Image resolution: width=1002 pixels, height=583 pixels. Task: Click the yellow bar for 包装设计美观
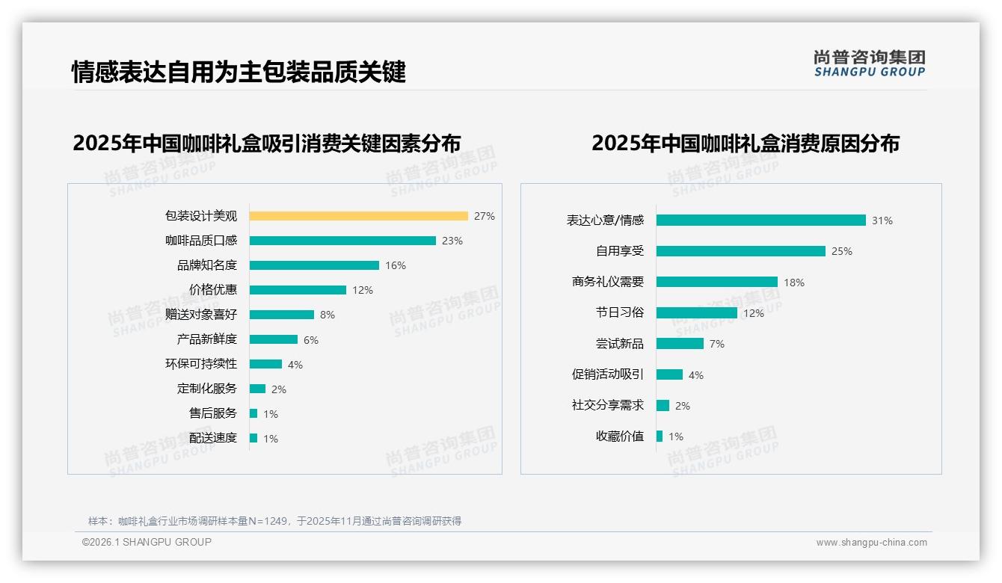[358, 216]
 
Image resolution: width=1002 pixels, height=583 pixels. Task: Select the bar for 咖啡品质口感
[342, 241]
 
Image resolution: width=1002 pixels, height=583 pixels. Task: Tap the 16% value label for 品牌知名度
[396, 265]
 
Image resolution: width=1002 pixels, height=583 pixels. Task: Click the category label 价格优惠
[213, 290]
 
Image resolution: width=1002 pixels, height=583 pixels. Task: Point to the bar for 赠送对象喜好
[282, 315]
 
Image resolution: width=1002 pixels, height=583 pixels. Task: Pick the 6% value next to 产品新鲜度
[311, 340]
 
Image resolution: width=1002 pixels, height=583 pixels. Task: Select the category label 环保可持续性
[201, 364]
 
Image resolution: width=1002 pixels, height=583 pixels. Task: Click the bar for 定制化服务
[258, 389]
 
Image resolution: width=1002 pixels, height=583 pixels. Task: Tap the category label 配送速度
[213, 438]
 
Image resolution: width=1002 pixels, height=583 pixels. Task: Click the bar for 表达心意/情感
[760, 220]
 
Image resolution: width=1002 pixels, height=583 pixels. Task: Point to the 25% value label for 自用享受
[842, 252]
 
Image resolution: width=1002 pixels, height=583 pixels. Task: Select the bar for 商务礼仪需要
[716, 282]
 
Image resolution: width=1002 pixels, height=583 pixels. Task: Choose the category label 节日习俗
[620, 313]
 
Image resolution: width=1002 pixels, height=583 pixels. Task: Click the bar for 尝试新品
[680, 344]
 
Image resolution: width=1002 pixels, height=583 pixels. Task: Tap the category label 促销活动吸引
[608, 374]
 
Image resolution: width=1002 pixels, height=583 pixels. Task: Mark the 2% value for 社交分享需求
[683, 406]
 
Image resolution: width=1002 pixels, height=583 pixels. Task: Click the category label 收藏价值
[620, 437]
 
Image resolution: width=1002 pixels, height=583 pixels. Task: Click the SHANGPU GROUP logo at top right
[870, 64]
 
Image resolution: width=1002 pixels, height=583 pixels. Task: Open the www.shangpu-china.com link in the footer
[871, 543]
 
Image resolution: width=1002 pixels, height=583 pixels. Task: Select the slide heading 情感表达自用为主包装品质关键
[239, 72]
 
